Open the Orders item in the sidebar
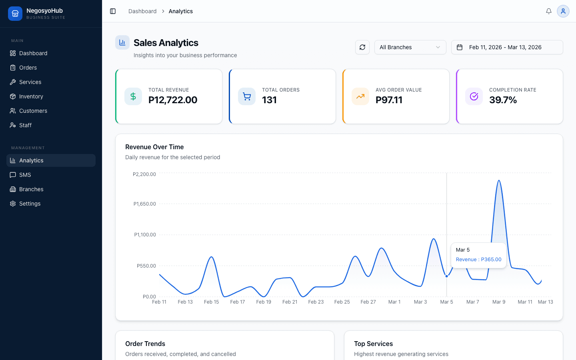pyautogui.click(x=28, y=68)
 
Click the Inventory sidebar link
pyautogui.click(x=31, y=96)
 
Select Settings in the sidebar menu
pyautogui.click(x=30, y=204)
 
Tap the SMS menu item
pyautogui.click(x=25, y=175)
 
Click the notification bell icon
pyautogui.click(x=549, y=11)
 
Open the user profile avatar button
pyautogui.click(x=563, y=11)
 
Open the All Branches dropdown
pyautogui.click(x=410, y=47)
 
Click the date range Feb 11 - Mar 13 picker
pyautogui.click(x=507, y=47)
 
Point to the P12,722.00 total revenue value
pyautogui.click(x=173, y=100)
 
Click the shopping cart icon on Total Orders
pyautogui.click(x=247, y=96)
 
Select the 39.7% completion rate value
pyautogui.click(x=503, y=100)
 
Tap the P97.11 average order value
pyautogui.click(x=389, y=100)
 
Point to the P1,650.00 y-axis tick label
pyautogui.click(x=144, y=204)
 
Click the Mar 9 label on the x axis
pyautogui.click(x=499, y=302)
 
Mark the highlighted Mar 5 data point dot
pyautogui.click(x=447, y=276)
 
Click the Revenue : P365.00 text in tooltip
pyautogui.click(x=478, y=260)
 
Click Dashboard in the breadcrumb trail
pyautogui.click(x=142, y=11)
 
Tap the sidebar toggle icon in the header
pyautogui.click(x=113, y=11)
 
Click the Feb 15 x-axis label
pyautogui.click(x=211, y=302)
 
